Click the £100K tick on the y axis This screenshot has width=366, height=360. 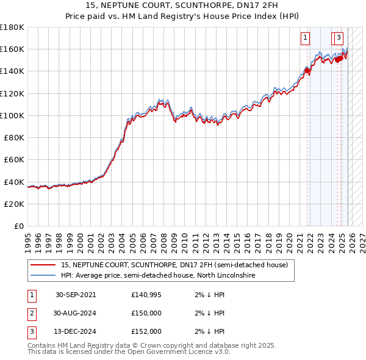[x=12, y=115]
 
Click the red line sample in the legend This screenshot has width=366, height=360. [x=43, y=265]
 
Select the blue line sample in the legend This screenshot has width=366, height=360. [x=43, y=275]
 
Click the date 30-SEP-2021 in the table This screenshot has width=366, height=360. [x=76, y=295]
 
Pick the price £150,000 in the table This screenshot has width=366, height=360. [x=146, y=313]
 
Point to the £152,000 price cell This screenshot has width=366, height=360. [x=146, y=332]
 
